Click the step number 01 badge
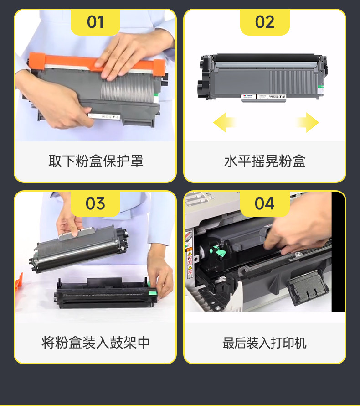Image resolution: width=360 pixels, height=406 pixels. pos(95,22)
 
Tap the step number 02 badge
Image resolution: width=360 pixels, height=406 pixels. pos(265,22)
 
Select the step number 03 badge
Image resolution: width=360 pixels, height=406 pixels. pos(95,204)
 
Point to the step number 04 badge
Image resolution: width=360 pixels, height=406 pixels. pos(265,204)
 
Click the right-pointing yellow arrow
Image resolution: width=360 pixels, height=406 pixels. pos(308,122)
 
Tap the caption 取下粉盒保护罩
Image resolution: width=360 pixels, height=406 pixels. pos(96,161)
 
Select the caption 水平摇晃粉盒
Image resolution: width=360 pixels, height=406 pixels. pos(265,161)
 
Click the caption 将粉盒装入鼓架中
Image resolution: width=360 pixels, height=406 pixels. pos(96,343)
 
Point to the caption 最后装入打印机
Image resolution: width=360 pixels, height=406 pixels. pos(265,343)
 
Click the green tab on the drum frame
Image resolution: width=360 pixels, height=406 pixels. pos(153,293)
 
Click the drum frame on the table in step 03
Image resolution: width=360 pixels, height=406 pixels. pos(106,293)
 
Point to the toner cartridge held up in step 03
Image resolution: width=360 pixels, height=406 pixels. pos(79,249)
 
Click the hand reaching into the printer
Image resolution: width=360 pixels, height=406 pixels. pos(298,228)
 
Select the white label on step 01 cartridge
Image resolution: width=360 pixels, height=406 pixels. pos(104,116)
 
